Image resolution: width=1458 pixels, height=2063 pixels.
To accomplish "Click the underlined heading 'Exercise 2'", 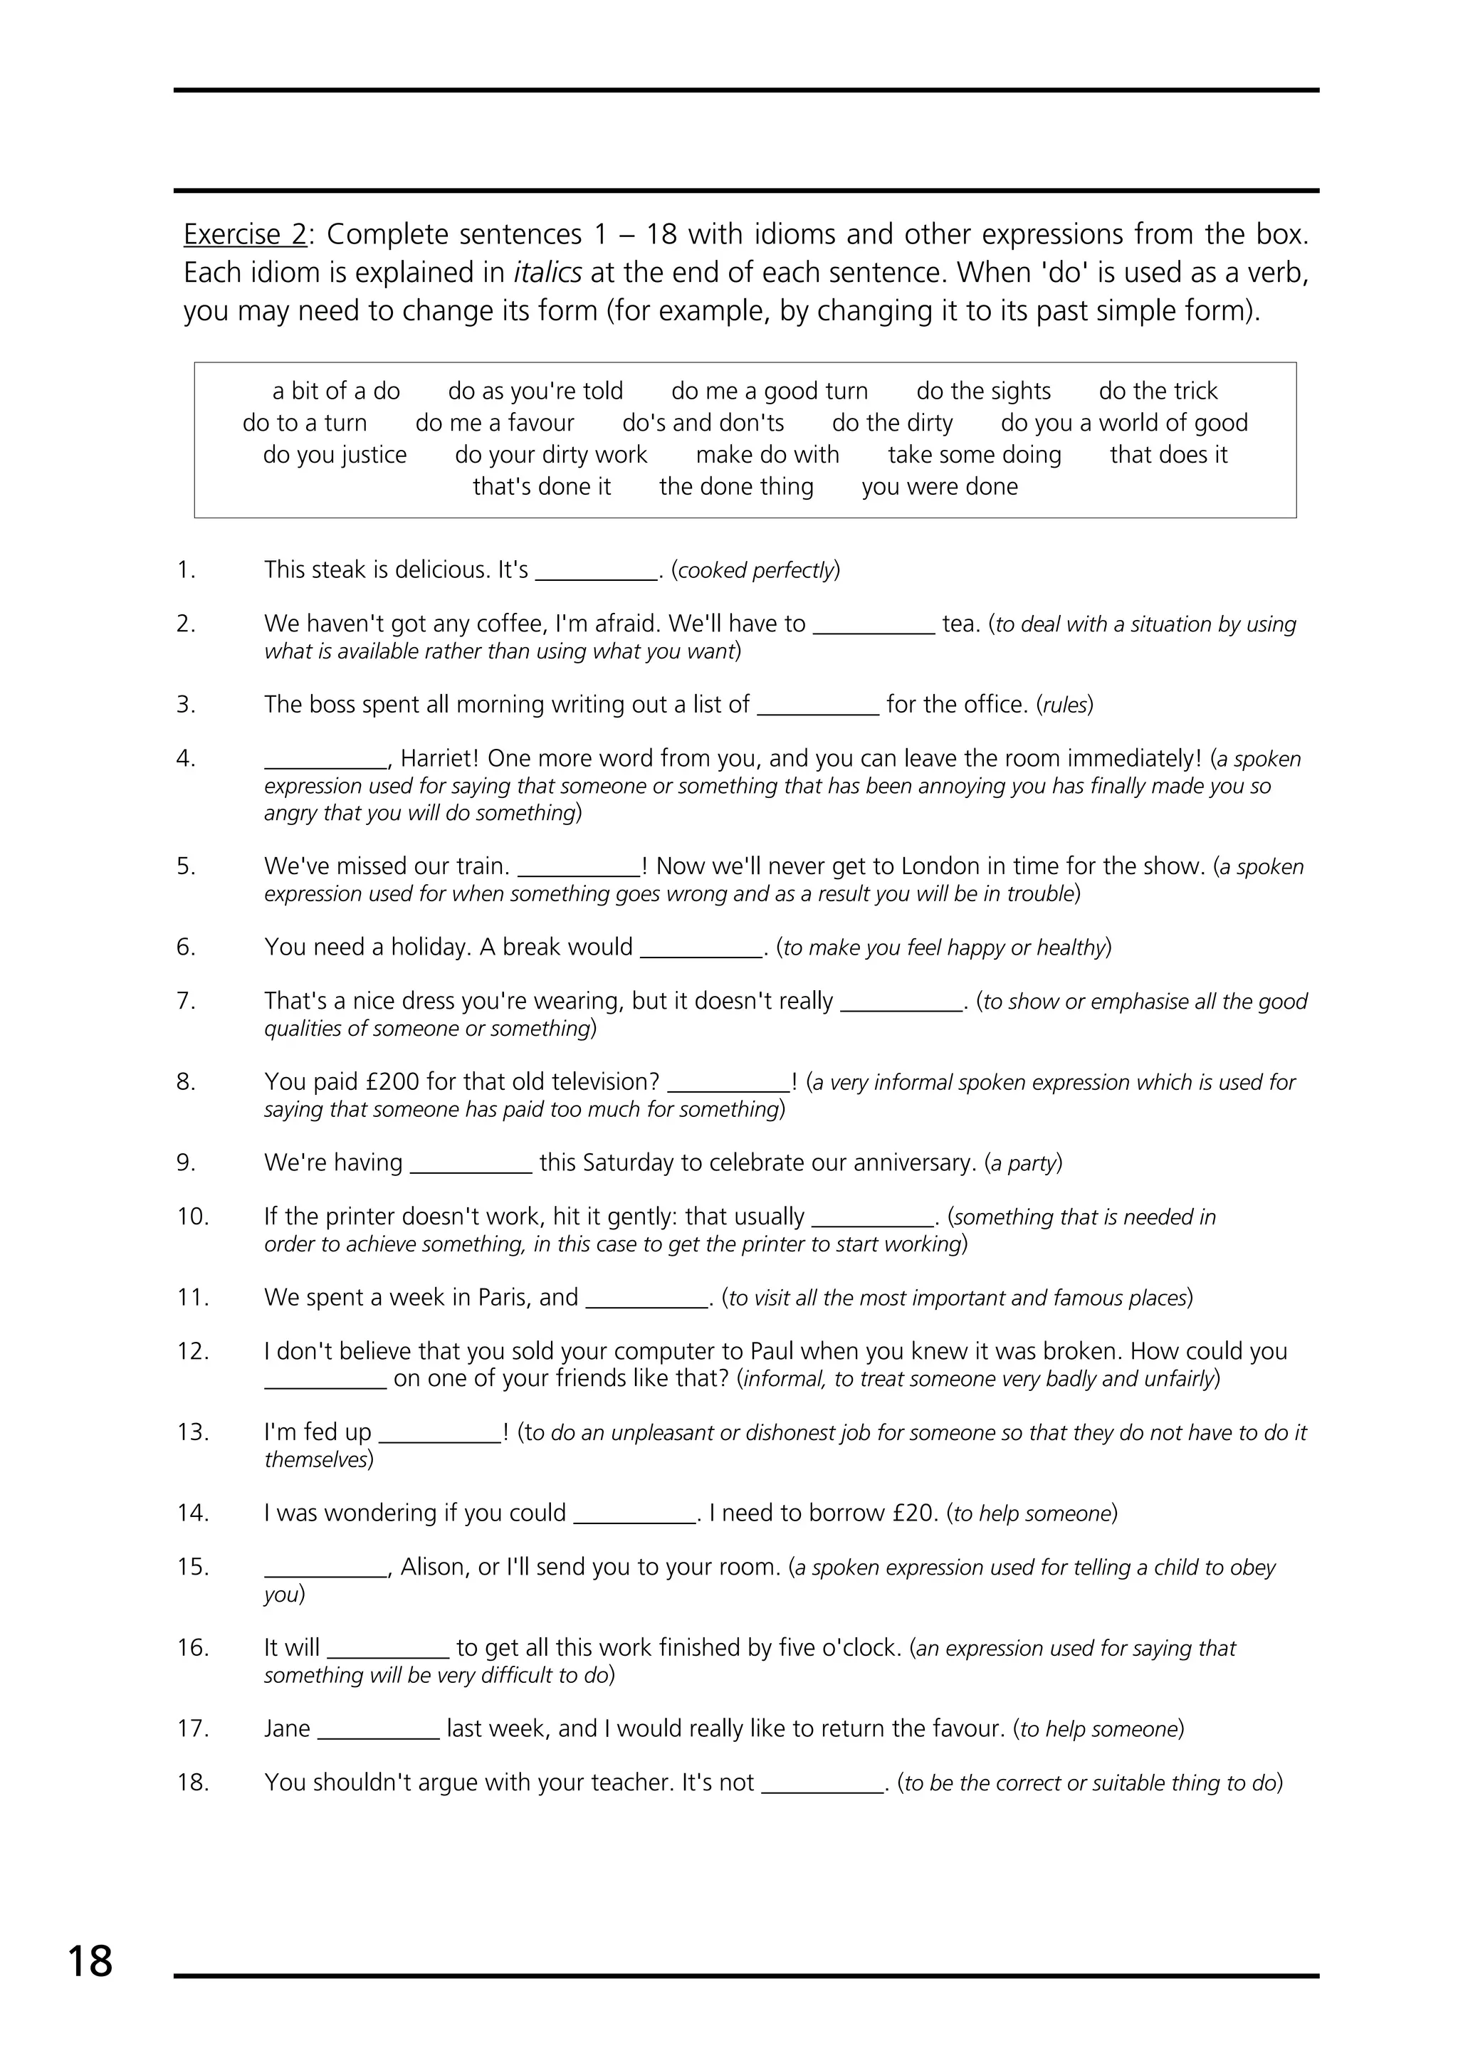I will click(244, 234).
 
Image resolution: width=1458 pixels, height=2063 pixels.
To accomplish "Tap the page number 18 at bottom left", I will click(90, 1961).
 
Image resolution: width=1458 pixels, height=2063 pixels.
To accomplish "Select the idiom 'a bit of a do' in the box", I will click(336, 391).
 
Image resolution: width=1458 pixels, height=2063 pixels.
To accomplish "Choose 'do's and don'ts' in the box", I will click(703, 423).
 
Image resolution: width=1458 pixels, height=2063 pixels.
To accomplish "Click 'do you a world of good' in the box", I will click(1124, 423).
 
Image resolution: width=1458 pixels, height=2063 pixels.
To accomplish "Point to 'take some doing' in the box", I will click(974, 455).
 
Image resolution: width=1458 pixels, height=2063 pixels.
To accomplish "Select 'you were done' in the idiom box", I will click(939, 487).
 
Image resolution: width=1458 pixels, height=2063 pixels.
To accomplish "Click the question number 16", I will click(193, 1648).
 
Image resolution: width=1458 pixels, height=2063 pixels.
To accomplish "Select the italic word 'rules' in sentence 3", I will click(1064, 705).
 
